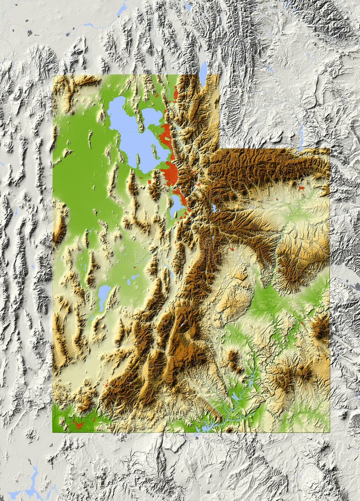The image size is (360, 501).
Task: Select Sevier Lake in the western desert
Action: click(104, 295)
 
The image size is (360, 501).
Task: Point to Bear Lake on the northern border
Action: click(203, 73)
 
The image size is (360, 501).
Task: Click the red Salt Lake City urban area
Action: click(172, 173)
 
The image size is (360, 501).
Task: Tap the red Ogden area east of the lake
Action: click(165, 136)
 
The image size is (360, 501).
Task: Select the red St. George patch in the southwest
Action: click(78, 425)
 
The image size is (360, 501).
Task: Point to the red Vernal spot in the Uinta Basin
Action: click(301, 188)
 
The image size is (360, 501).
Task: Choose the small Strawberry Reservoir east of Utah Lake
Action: click(213, 207)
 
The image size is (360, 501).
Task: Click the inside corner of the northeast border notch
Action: click(219, 149)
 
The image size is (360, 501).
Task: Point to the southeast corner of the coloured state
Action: click(329, 432)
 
